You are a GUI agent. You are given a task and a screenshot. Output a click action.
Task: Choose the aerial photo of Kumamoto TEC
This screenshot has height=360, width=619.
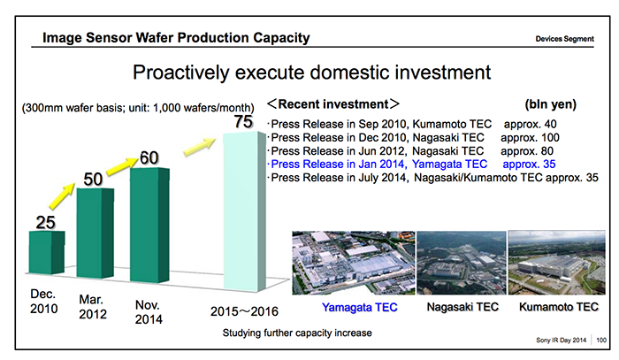click(x=555, y=263)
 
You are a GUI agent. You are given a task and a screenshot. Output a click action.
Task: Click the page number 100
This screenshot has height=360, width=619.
click(x=604, y=340)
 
